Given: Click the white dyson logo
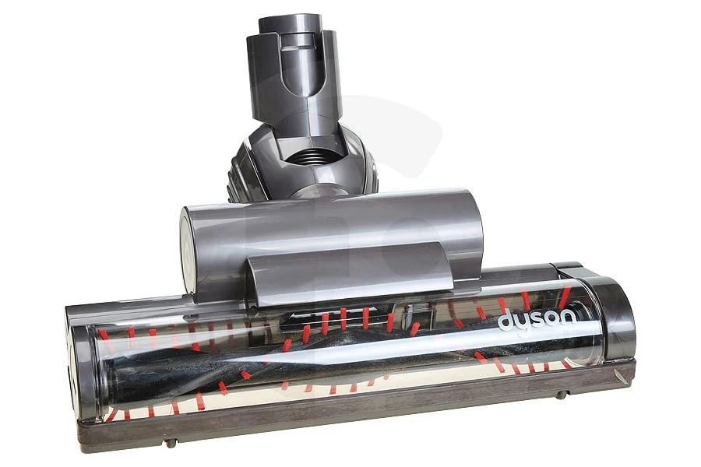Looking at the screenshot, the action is coord(537,318).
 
